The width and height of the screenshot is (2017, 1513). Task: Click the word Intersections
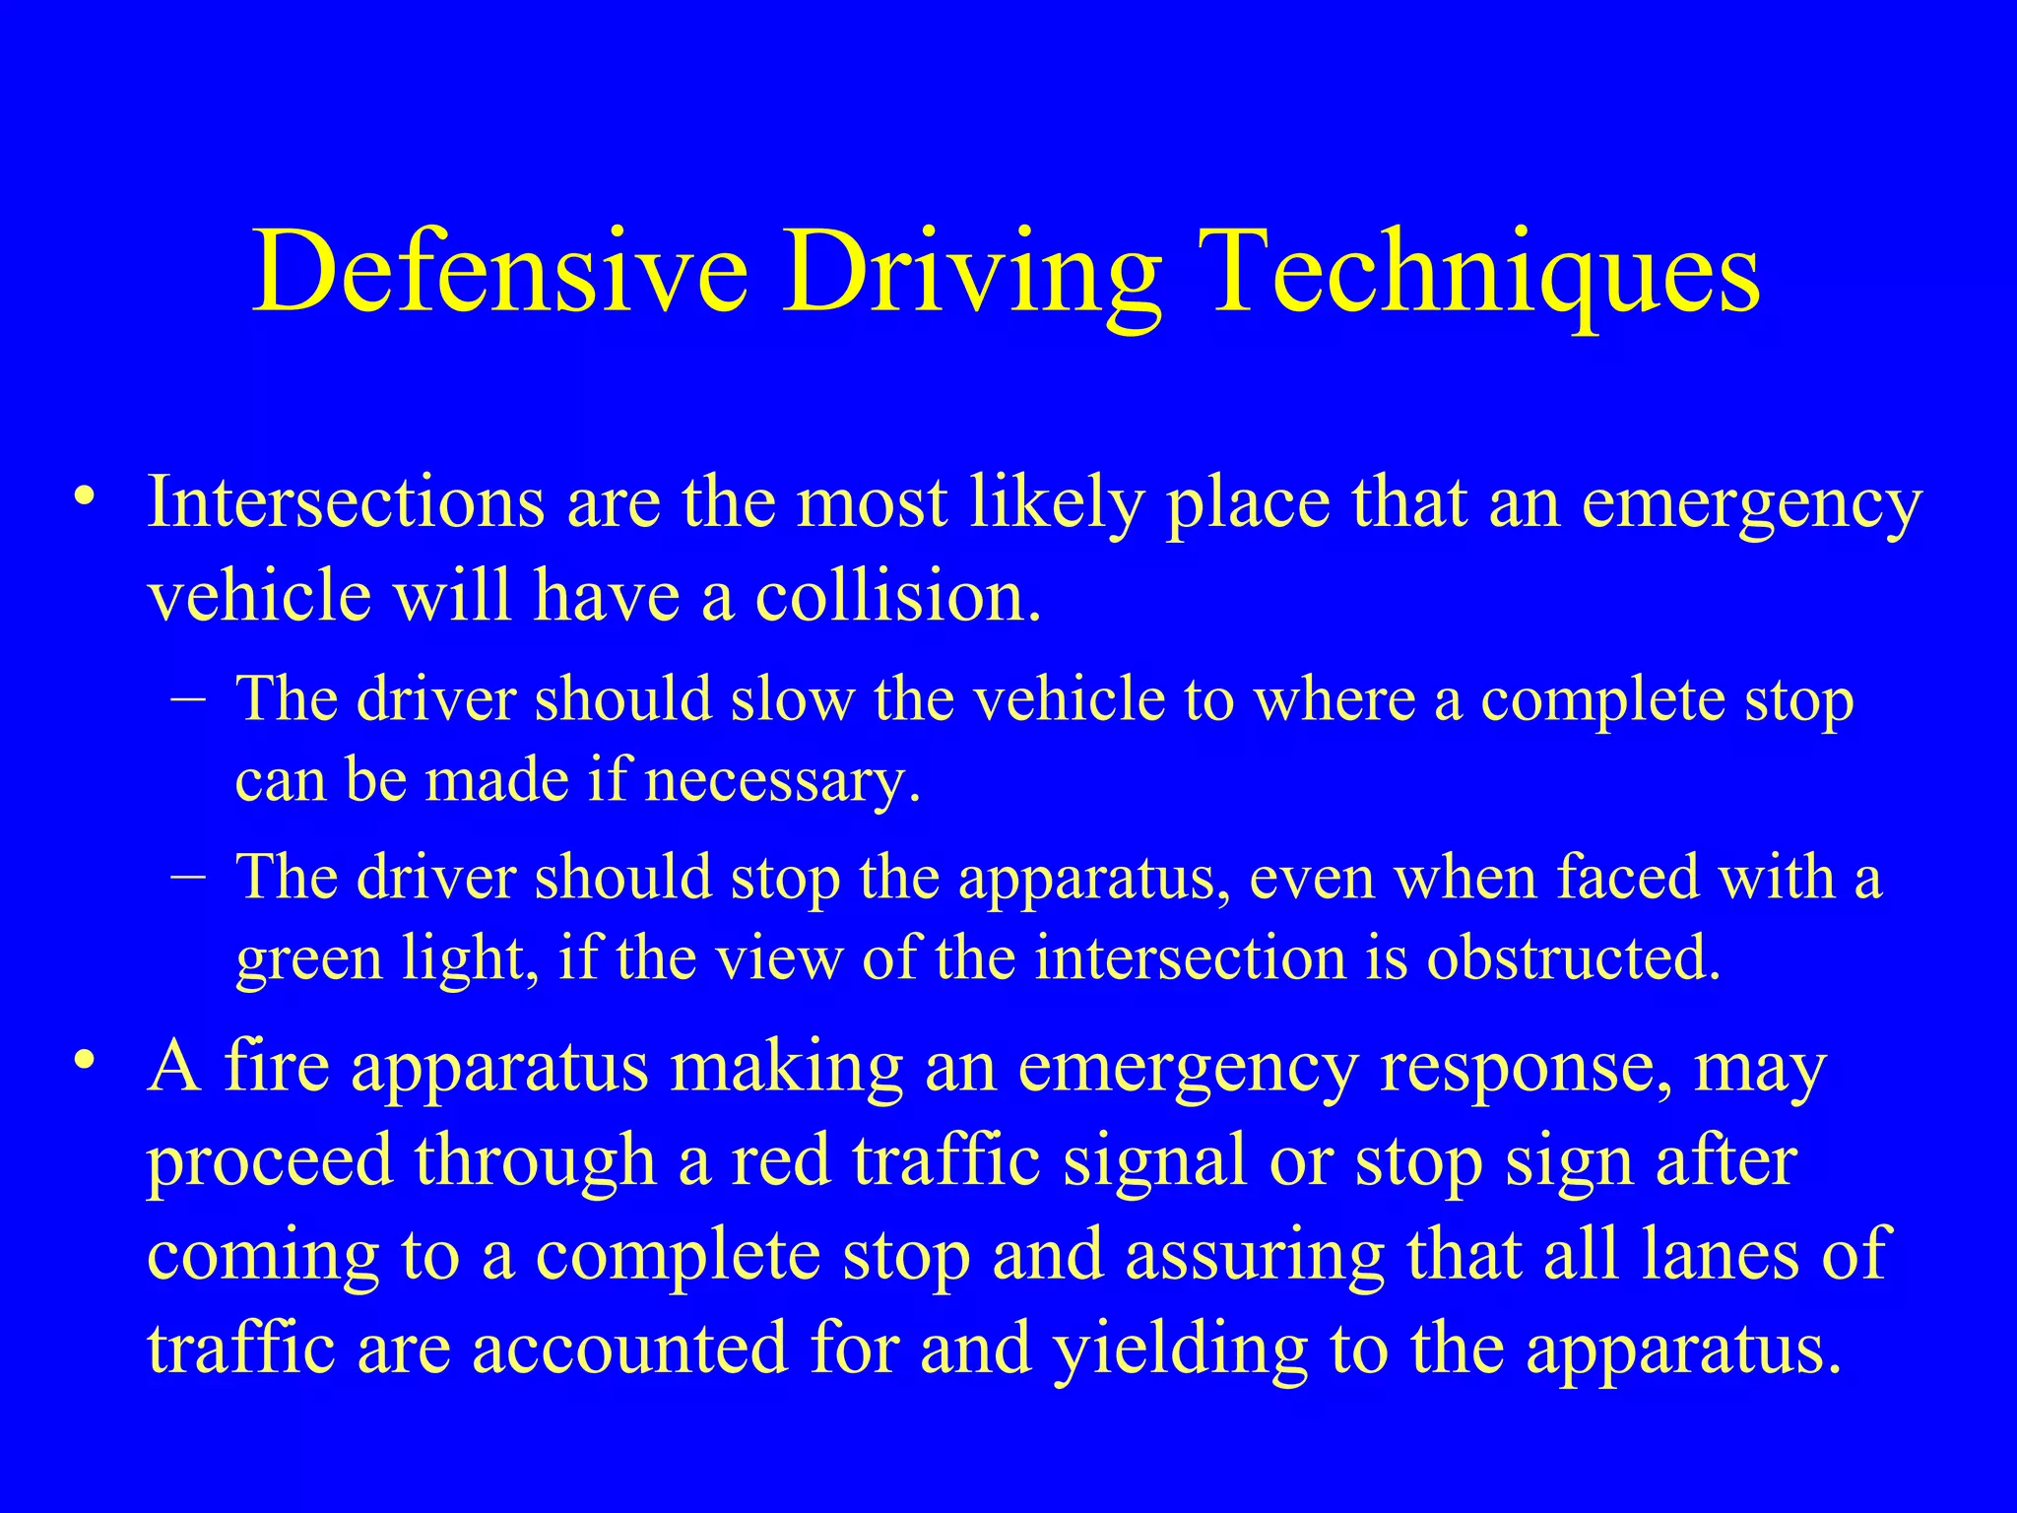(x=345, y=502)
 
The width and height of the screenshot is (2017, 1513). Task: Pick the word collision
(x=897, y=597)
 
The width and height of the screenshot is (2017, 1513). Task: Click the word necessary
(x=783, y=782)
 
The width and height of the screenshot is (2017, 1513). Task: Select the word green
(x=309, y=959)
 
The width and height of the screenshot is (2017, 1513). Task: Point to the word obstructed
(x=1574, y=957)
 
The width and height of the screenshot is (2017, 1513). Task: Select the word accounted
(x=630, y=1348)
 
